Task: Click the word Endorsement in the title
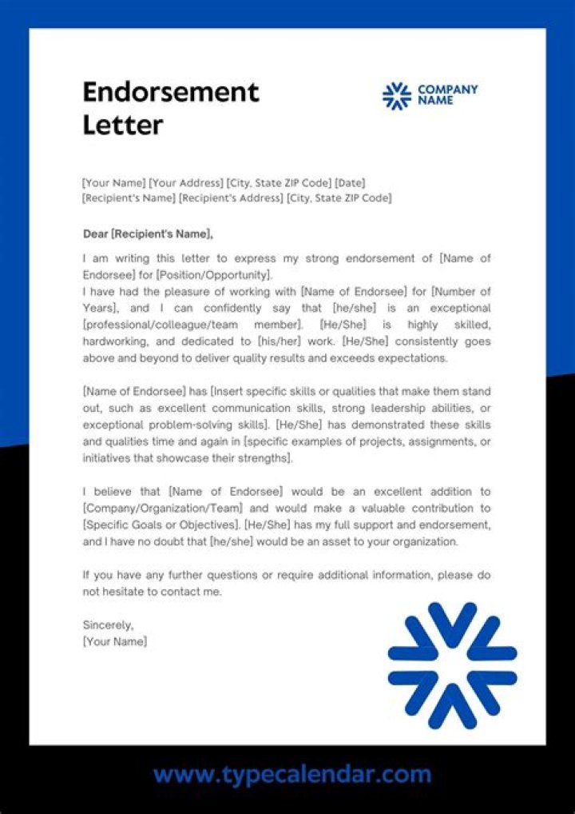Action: click(171, 92)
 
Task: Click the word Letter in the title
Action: click(123, 126)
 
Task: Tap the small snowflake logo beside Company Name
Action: click(396, 95)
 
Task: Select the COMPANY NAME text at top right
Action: click(447, 95)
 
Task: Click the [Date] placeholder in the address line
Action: click(350, 183)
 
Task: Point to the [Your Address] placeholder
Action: click(186, 183)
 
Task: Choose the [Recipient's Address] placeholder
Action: click(231, 198)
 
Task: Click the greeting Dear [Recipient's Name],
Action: click(149, 234)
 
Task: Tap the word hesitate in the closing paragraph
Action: click(123, 592)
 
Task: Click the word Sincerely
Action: click(109, 625)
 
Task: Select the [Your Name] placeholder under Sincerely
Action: click(115, 641)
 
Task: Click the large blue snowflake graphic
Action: click(452, 665)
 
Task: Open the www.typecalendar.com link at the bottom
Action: click(292, 774)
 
